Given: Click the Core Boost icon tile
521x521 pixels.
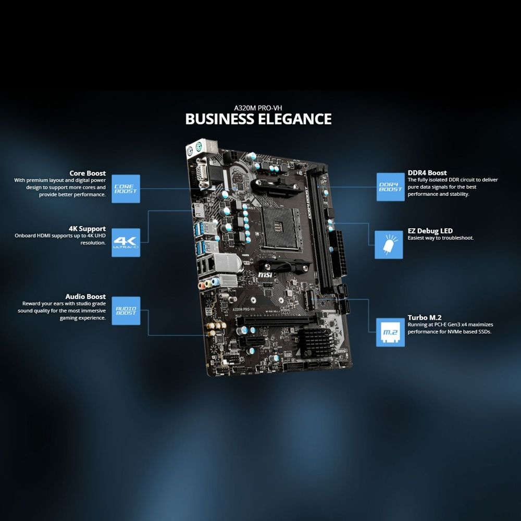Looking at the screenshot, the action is [126, 189].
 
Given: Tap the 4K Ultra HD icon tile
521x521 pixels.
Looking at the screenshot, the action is [126, 242].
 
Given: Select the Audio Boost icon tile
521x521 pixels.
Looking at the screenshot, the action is [126, 311].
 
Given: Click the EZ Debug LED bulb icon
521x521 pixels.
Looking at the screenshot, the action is [389, 244].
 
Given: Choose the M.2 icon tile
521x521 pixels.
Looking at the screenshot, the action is [390, 332].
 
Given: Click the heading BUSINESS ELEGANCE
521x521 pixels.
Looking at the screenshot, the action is [258, 119].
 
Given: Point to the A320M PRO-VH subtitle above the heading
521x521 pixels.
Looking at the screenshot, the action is [258, 106].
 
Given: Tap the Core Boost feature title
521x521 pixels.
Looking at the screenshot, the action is [88, 173].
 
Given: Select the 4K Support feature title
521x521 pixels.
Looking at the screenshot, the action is [87, 228].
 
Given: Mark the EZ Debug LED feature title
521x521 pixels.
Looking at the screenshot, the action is [430, 231].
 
